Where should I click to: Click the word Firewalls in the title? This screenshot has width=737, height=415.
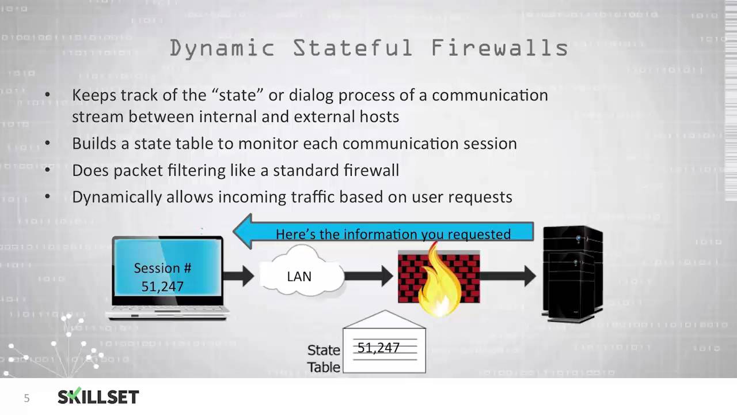[500, 48]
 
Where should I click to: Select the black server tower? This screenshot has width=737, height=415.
[572, 273]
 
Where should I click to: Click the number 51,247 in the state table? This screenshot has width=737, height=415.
[378, 348]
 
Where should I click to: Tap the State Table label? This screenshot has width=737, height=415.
[324, 358]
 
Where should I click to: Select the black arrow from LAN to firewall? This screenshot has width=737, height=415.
[369, 276]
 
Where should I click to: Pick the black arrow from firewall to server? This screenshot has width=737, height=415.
[507, 276]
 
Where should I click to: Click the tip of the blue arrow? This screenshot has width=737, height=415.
[236, 232]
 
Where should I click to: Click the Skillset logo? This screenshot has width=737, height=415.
[98, 397]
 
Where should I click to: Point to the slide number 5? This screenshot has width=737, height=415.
[26, 398]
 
